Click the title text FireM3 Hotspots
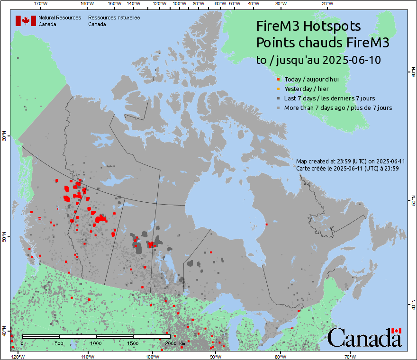[x=308, y=26]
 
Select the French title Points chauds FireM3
[x=322, y=43]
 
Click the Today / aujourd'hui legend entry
[x=311, y=79]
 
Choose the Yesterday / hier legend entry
[x=306, y=89]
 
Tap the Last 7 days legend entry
[x=329, y=99]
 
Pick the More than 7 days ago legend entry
[x=338, y=108]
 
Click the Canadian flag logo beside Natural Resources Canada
[x=26, y=21]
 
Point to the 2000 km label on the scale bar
[x=174, y=343]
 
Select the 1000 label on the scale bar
[x=96, y=343]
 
